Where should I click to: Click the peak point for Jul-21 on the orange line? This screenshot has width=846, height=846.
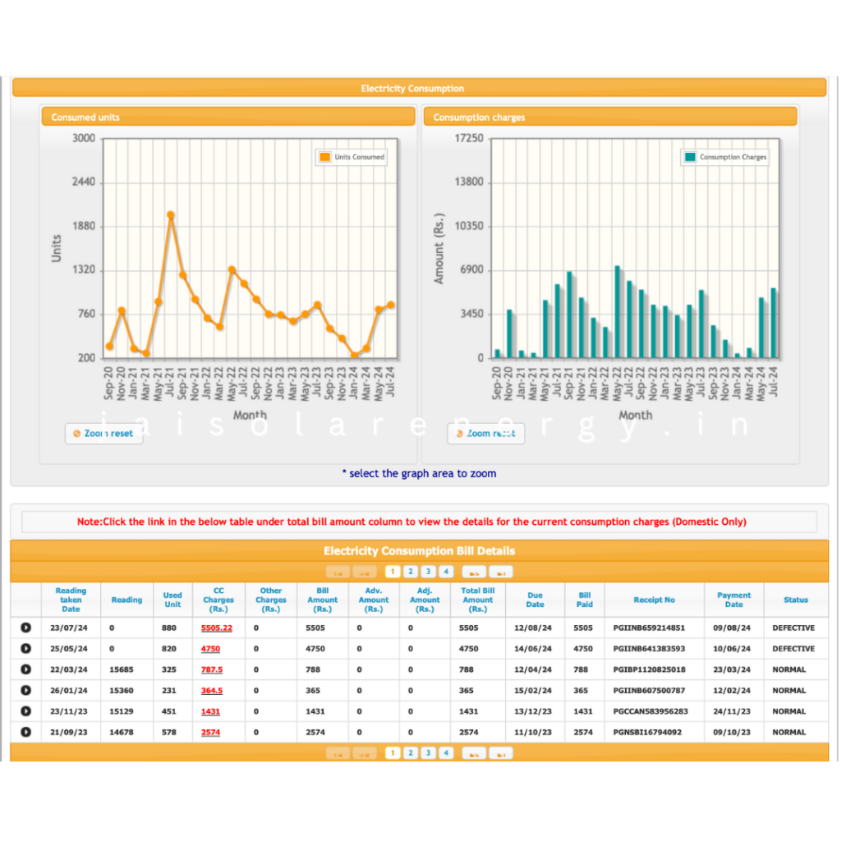pos(171,215)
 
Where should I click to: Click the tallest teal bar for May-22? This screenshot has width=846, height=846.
pos(617,312)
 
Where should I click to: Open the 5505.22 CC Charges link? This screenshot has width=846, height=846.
pos(217,628)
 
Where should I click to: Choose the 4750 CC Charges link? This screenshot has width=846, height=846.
pos(212,649)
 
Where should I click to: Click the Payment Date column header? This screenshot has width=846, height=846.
pos(733,600)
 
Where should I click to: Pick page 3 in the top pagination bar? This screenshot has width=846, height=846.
pos(428,572)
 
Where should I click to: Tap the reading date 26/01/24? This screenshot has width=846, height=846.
pos(71,691)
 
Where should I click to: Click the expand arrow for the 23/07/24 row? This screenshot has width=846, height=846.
pos(25,628)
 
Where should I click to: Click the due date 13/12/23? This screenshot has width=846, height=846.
pos(535,712)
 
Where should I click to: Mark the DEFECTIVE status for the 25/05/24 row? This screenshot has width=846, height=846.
pos(793,649)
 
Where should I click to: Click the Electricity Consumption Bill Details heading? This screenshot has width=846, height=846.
pos(419,550)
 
